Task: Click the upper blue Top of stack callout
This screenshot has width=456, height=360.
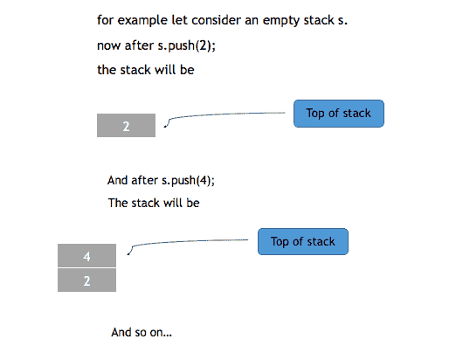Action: click(339, 114)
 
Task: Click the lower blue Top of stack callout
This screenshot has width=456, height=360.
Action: click(302, 241)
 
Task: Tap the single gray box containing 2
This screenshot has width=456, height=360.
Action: click(126, 126)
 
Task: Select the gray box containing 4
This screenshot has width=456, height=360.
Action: click(86, 256)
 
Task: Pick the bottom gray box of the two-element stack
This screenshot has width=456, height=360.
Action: click(86, 280)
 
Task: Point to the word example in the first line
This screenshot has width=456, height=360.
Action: click(142, 19)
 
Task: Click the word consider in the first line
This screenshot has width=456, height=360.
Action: click(218, 19)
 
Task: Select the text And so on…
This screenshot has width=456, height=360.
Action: click(142, 333)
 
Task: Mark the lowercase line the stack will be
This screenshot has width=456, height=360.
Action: click(145, 70)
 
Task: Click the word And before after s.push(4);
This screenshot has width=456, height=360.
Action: click(118, 181)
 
